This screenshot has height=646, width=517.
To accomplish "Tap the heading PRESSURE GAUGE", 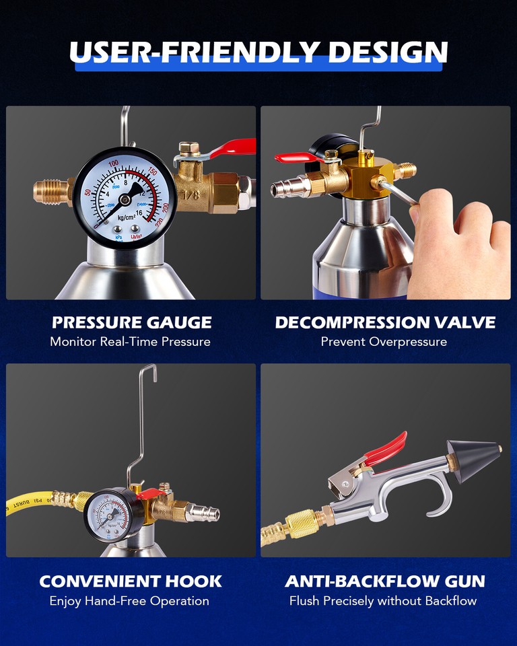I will coord(132,322).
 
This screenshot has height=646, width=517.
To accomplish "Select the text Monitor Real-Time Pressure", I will coord(130,341).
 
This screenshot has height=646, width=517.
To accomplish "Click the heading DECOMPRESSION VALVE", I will coord(385,322).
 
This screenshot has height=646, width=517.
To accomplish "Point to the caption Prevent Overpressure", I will coord(384,341).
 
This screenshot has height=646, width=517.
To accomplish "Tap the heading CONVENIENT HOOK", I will coord(131,581).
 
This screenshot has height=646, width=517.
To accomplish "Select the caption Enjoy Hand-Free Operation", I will coord(129,600).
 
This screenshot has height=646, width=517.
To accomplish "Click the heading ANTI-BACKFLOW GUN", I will coord(385,581).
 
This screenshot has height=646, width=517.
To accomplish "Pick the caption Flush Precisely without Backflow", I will coord(383,600).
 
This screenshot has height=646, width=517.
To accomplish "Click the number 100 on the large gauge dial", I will coord(113,164).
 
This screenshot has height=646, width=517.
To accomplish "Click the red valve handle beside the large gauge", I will coord(232,148).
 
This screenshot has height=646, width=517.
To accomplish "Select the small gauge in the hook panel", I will coord(113,515).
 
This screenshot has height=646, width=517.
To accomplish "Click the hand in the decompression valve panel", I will coord(458,242).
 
